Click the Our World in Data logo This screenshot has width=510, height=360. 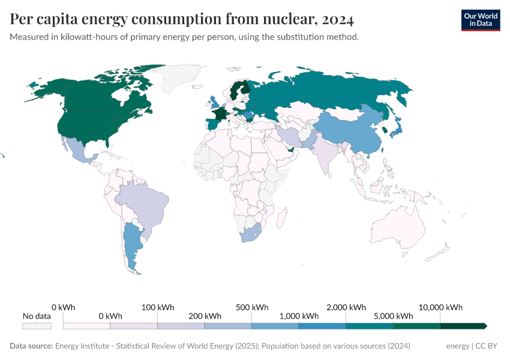click(480, 20)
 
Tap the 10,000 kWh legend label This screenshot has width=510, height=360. click(442, 307)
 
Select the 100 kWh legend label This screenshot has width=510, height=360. click(157, 307)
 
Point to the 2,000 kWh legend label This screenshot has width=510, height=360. click(346, 307)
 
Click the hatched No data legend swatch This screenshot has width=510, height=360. click(37, 326)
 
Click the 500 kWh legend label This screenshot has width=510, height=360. click(251, 307)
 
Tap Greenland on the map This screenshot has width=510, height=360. click(180, 78)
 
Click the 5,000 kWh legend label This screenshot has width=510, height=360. click(394, 316)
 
